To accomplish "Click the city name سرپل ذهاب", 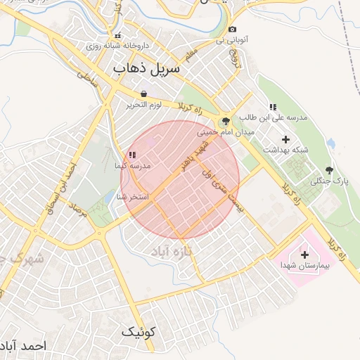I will pyautogui.click(x=146, y=68).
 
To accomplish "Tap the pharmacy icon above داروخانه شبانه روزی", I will pyautogui.click(x=117, y=35).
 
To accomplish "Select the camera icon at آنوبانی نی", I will pyautogui.click(x=232, y=30).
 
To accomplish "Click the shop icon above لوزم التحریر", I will pyautogui.click(x=143, y=94).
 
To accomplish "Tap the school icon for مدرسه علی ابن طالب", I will pyautogui.click(x=272, y=107).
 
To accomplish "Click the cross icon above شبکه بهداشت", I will pyautogui.click(x=285, y=139).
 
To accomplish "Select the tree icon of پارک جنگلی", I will pyautogui.click(x=329, y=171).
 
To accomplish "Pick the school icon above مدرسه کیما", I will pyautogui.click(x=131, y=155).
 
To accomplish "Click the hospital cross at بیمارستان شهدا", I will pyautogui.click(x=304, y=255).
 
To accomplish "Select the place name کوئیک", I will pyautogui.click(x=138, y=331).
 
